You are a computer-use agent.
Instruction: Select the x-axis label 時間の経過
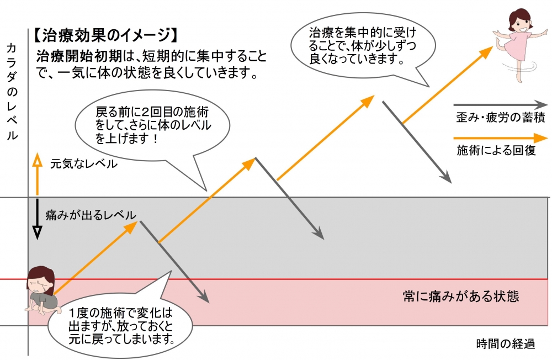pos(505,343)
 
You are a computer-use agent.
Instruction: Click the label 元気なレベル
pos(83,163)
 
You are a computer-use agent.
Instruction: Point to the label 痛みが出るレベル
pos(91,215)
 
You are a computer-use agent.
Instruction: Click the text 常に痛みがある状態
pos(461,297)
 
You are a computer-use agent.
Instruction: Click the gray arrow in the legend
pos(500,104)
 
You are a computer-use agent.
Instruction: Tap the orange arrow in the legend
pos(500,137)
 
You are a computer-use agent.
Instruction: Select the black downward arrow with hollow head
pos(37,218)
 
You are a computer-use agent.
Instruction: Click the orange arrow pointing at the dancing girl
pos(447,85)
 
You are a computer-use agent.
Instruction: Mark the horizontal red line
pos(276,279)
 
